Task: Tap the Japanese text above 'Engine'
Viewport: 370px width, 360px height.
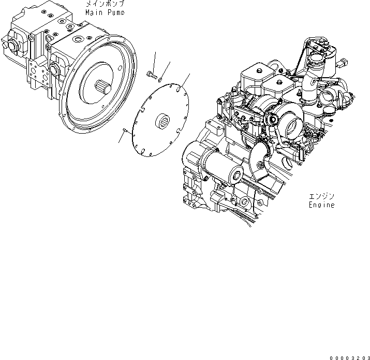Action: coord(321,197)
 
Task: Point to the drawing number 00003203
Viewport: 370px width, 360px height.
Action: coord(348,356)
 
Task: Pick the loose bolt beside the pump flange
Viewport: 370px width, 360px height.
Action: coord(151,74)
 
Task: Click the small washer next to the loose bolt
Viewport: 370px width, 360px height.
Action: coord(160,79)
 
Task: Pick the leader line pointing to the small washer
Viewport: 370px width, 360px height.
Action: coord(166,69)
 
